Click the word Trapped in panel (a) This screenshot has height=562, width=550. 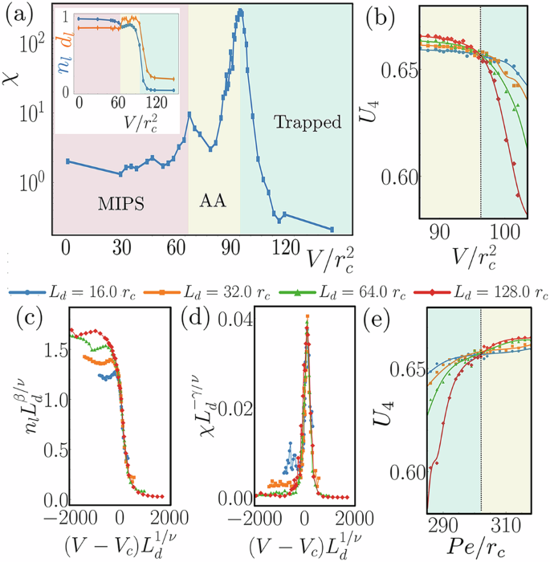pyautogui.click(x=307, y=123)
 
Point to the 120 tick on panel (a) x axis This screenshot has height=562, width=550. pyautogui.click(x=283, y=247)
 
